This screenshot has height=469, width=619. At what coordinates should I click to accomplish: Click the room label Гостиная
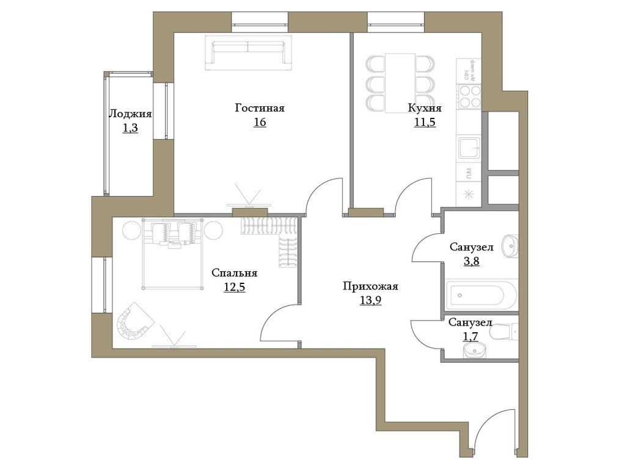pos(260,108)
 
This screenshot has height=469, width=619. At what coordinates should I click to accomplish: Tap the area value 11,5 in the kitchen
pos(425,122)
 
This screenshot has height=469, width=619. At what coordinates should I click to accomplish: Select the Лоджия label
pos(130,114)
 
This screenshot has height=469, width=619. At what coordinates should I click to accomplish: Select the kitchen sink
pos(469,147)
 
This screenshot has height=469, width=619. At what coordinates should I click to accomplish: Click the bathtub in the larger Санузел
pos(480,296)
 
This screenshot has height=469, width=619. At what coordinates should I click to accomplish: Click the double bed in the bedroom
pos(173,253)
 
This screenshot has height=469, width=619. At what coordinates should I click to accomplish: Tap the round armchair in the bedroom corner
pos(134,324)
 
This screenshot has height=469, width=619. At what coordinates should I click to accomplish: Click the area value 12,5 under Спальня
pos(234,287)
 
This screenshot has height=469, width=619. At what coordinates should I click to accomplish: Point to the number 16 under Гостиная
pos(260,122)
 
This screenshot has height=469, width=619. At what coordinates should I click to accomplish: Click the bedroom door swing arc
pos(278,322)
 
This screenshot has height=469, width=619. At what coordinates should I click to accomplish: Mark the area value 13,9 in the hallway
pos(370,299)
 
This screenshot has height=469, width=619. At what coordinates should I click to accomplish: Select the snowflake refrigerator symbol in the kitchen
pos(469,195)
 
